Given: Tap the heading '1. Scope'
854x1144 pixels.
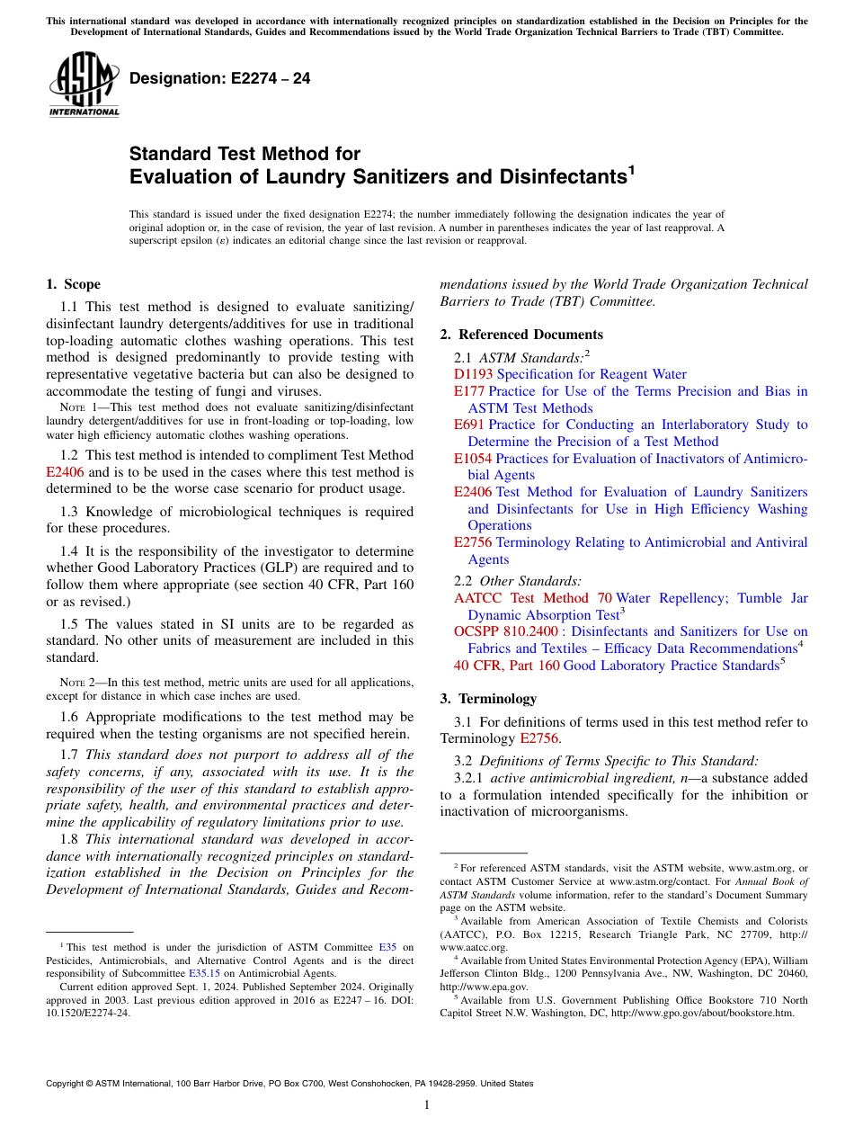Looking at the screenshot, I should (x=73, y=284).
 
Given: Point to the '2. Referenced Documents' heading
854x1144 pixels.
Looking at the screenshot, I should (x=521, y=335).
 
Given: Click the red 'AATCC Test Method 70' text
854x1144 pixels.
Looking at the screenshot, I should (x=532, y=598).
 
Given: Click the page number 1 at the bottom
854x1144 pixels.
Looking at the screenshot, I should (x=427, y=1105).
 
